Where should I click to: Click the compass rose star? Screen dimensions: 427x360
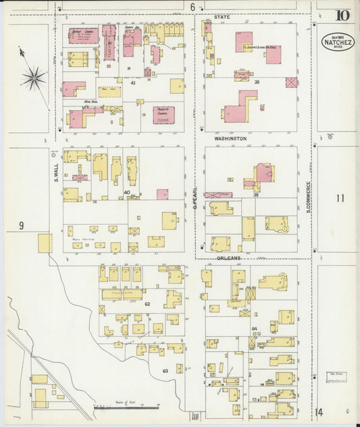click(x=33, y=78)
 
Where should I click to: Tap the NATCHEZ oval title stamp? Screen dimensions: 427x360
click(x=337, y=41)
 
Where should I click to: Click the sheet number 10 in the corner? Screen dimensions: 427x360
click(x=342, y=15)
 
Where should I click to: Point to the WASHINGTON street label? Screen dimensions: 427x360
click(x=230, y=138)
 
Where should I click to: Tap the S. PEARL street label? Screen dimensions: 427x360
click(x=195, y=197)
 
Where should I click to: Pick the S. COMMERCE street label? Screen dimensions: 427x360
click(x=307, y=197)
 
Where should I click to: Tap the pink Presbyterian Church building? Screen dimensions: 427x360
click(x=163, y=115)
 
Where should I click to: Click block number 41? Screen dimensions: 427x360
click(x=133, y=82)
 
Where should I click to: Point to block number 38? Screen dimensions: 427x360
click(x=257, y=81)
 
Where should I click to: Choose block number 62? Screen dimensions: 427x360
click(x=147, y=305)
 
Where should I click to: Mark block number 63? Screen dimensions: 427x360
click(x=164, y=371)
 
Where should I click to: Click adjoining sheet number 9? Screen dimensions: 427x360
click(x=22, y=226)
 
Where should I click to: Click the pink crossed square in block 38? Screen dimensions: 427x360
click(x=291, y=82)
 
